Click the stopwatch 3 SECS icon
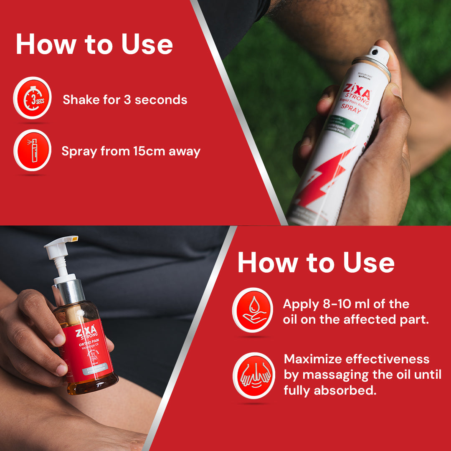tap(32, 99)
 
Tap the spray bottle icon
tap(32, 150)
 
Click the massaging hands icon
tap(253, 375)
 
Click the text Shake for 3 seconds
tap(125, 100)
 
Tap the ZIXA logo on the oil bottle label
tap(87, 330)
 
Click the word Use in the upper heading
tap(147, 45)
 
